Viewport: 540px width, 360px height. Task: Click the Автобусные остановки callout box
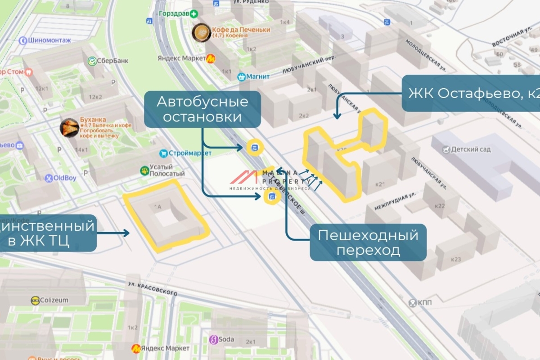point(202,109)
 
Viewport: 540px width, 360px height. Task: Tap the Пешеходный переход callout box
point(368,242)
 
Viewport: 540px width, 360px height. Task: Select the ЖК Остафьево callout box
point(471,94)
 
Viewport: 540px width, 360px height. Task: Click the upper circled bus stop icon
point(255,147)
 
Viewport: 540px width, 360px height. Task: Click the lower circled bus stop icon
point(271,197)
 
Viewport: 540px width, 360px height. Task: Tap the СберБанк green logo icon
point(92,61)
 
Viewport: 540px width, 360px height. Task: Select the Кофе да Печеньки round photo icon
point(201,32)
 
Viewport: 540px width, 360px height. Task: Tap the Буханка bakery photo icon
point(69,128)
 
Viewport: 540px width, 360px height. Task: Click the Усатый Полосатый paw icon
point(144,170)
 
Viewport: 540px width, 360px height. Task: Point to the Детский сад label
point(470,149)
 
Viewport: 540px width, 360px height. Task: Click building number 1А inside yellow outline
point(157,207)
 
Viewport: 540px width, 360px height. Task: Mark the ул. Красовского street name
point(152,288)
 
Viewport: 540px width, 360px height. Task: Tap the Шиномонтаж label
point(45,40)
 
